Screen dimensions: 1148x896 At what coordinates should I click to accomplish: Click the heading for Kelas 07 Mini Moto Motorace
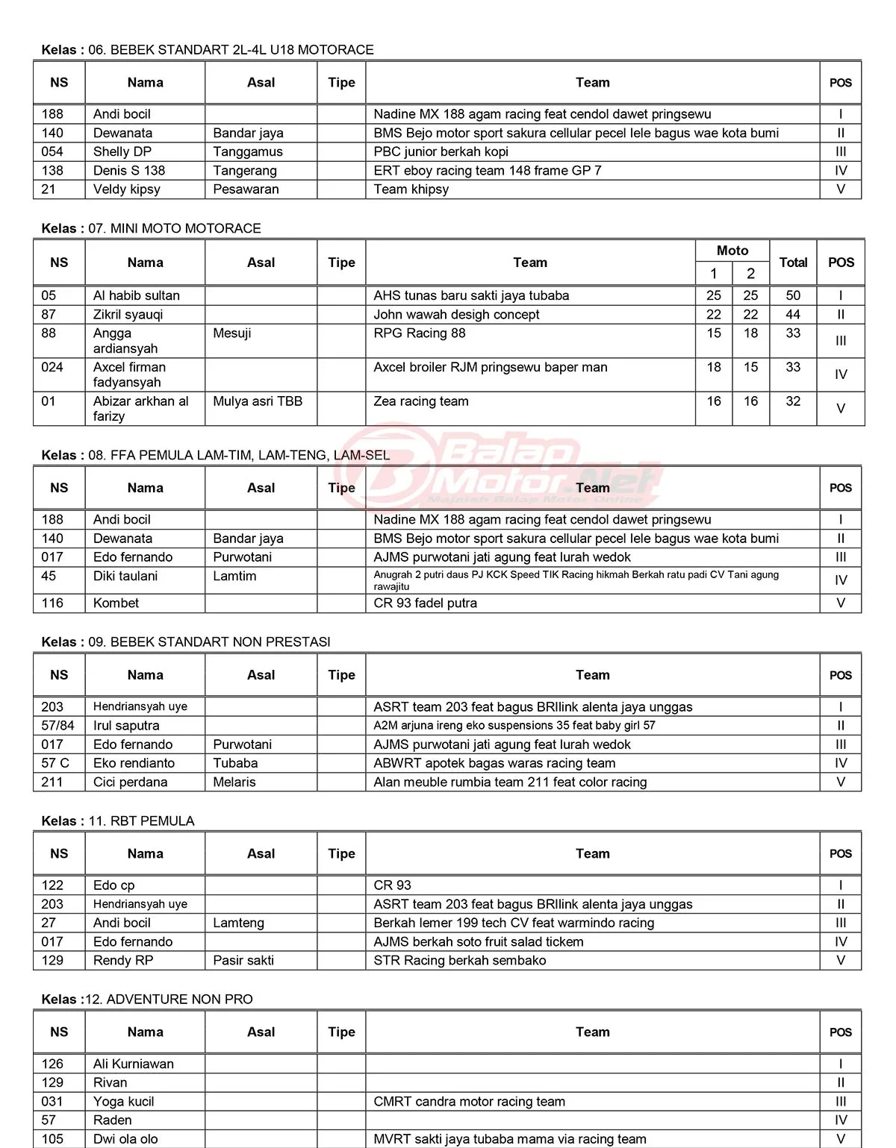[x=152, y=228]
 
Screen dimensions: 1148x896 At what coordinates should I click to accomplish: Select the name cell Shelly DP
[x=122, y=151]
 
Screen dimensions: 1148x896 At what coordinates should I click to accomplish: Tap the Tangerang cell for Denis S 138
[x=245, y=170]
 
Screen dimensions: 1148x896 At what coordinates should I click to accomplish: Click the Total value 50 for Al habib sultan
[x=793, y=295]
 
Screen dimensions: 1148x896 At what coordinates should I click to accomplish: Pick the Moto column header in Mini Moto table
[x=732, y=251]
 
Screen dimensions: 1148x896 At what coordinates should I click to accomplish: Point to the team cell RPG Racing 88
[x=420, y=333]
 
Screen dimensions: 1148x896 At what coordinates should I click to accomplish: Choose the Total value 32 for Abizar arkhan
[x=793, y=401]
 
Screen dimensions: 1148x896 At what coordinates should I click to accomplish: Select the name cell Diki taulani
[x=125, y=576]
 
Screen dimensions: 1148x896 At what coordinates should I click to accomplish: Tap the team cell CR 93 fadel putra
[x=426, y=603]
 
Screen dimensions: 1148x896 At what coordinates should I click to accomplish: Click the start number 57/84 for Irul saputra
[x=58, y=725]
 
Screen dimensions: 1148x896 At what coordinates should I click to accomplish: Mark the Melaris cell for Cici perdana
[x=234, y=782]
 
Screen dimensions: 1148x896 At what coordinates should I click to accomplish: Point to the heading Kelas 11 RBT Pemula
[x=118, y=821]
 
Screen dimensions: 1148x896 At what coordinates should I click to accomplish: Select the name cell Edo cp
[x=114, y=885]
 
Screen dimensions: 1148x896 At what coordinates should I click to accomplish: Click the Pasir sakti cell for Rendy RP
[x=243, y=960]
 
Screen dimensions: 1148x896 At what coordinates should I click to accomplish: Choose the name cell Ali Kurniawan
[x=134, y=1064]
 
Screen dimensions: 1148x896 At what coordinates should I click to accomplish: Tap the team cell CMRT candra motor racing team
[x=470, y=1101]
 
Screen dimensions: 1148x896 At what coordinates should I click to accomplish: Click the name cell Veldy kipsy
[x=127, y=189]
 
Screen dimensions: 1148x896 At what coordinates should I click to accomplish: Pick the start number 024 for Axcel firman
[x=52, y=367]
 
